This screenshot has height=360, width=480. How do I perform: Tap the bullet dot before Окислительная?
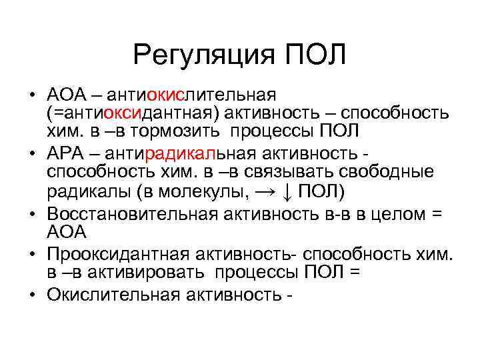coord(33,295)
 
